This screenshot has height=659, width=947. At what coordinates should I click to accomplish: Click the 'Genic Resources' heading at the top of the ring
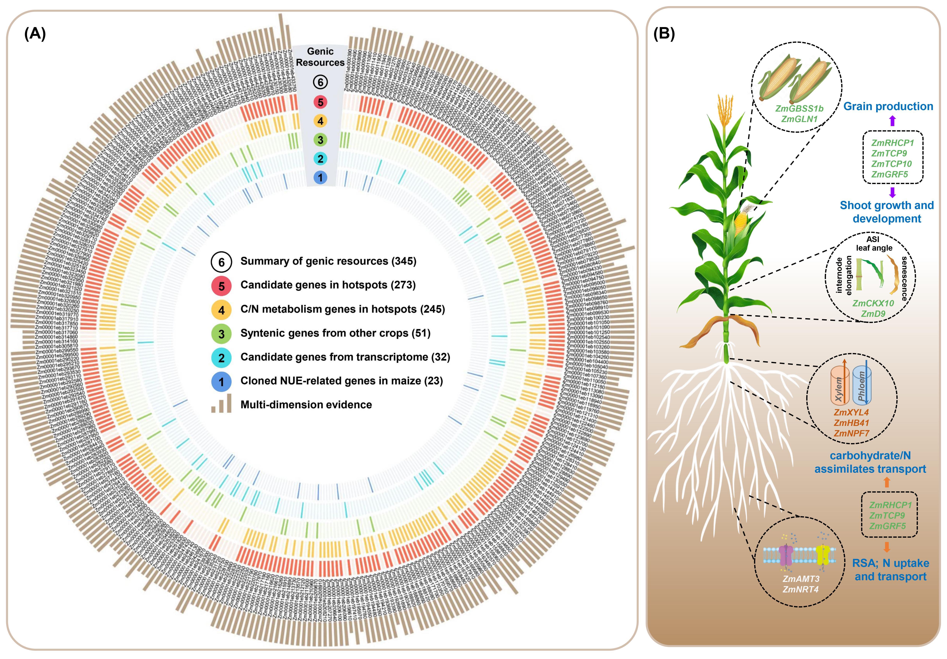click(x=320, y=57)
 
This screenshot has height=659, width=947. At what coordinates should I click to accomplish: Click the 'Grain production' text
click(x=888, y=106)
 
